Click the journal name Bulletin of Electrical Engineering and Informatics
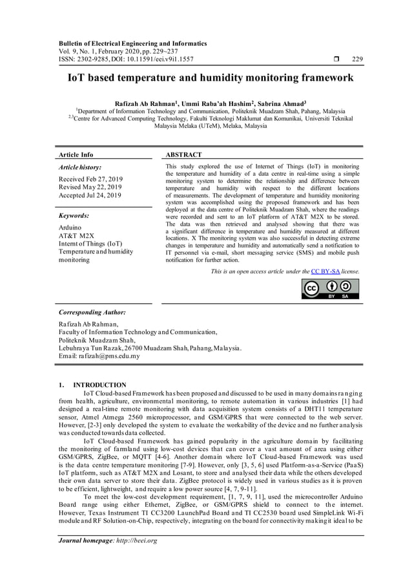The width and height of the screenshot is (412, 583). [132, 43]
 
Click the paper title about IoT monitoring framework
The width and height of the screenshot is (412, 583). [211, 78]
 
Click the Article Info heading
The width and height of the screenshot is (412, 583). [76, 155]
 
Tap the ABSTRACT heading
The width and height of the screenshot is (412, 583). [183, 155]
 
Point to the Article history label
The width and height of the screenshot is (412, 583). [79, 167]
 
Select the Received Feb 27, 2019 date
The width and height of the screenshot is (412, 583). [90, 178]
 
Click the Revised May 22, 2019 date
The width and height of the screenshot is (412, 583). [90, 187]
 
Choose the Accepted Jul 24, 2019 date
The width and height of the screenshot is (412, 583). [90, 195]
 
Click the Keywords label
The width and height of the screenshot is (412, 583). [74, 216]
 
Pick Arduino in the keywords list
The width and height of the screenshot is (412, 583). [70, 228]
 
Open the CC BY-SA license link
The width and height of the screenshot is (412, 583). [325, 271]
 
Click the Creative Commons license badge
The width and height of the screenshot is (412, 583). [330, 289]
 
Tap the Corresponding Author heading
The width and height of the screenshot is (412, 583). [92, 312]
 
